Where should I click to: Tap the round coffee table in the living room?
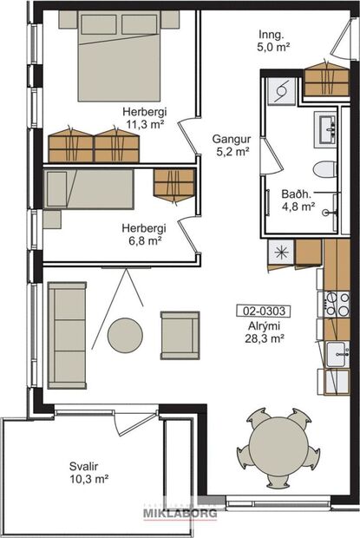126,335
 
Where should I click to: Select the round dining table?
278,448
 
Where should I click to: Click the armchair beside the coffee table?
180,334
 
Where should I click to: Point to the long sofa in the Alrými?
66,333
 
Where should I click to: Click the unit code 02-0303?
261,310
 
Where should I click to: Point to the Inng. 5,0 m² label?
274,41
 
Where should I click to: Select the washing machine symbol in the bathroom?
281,89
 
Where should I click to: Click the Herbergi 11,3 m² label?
145,118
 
